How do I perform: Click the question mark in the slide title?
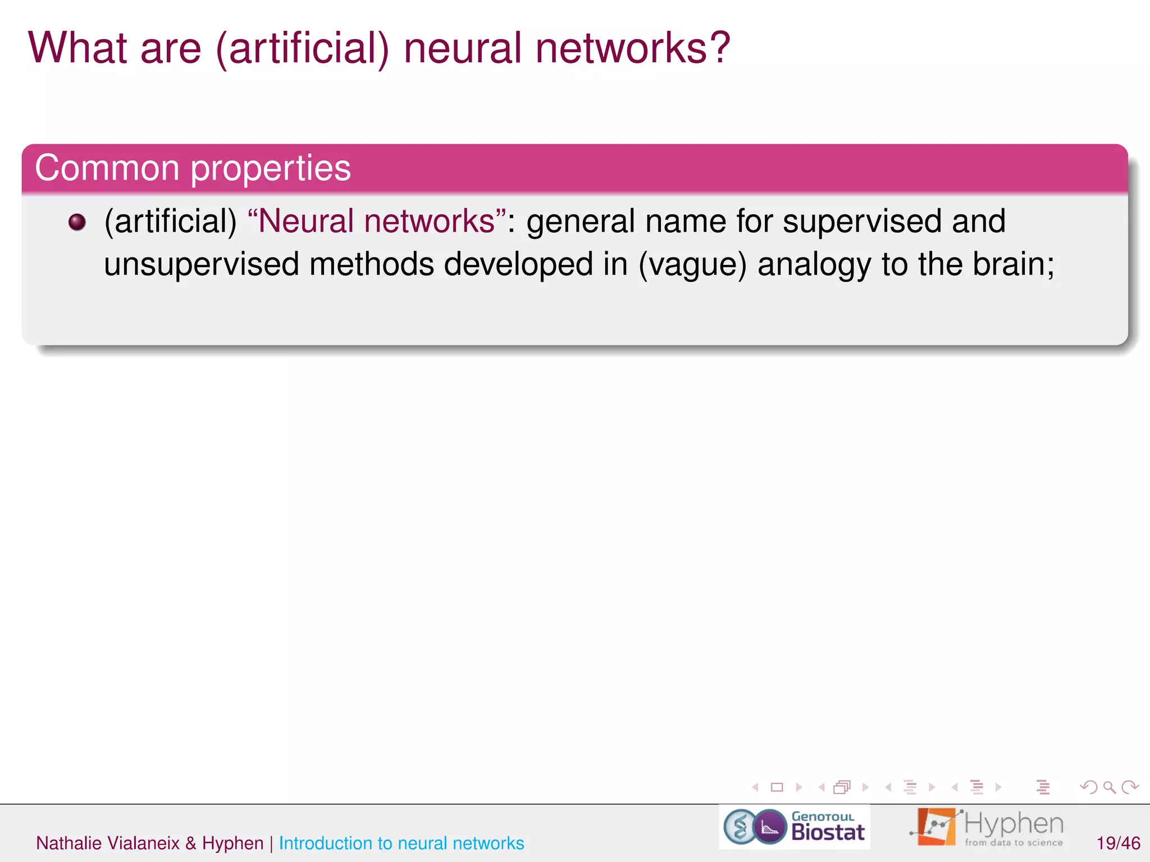click(x=717, y=47)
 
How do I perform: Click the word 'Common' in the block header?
click(x=107, y=168)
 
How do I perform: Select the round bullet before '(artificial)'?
click(x=77, y=222)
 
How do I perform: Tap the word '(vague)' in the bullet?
click(x=692, y=265)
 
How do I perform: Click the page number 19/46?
click(x=1118, y=843)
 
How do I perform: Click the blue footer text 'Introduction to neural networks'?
click(x=401, y=843)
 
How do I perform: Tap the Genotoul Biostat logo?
click(x=795, y=827)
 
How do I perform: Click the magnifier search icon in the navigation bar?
click(x=1109, y=787)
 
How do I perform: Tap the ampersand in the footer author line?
click(x=191, y=843)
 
